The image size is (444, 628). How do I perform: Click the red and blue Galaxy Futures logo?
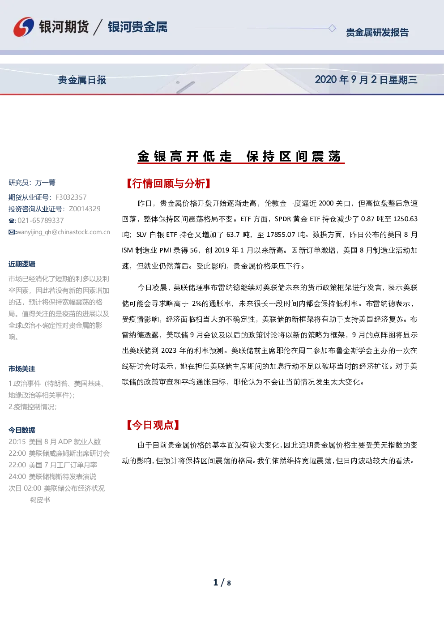click(x=24, y=27)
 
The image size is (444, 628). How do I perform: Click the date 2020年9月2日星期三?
click(x=366, y=80)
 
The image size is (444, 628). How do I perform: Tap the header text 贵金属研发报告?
click(x=377, y=33)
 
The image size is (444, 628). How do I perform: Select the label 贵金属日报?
click(x=82, y=80)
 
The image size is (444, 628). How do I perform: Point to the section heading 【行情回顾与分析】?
click(x=169, y=184)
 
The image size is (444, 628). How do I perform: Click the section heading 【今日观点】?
click(x=153, y=425)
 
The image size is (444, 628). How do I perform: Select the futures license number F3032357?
click(x=71, y=197)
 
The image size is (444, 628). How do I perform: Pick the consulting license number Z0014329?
click(x=85, y=209)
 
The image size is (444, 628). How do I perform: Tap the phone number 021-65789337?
click(x=41, y=221)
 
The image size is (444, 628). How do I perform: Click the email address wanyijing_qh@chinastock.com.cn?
click(x=64, y=232)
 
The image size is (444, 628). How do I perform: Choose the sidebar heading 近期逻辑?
click(x=22, y=264)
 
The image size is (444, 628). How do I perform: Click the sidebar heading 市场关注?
click(x=22, y=369)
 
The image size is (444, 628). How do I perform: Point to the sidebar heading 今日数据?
click(x=22, y=430)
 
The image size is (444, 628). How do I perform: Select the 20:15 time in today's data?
click(x=17, y=441)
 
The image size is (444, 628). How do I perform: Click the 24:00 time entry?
click(x=17, y=477)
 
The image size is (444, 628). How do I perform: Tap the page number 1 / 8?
click(x=222, y=583)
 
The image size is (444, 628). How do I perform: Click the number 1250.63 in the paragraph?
click(x=406, y=219)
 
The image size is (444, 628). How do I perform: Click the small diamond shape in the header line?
click(x=332, y=28)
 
